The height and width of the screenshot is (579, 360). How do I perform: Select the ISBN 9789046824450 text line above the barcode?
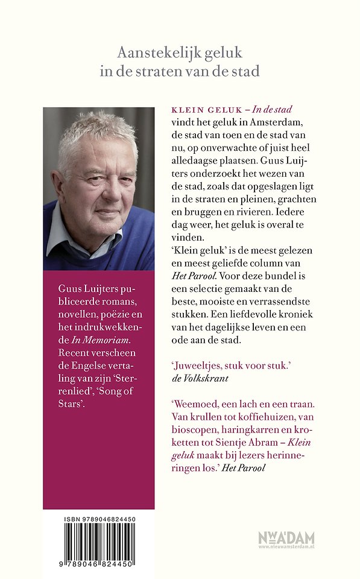pos(99,519)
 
